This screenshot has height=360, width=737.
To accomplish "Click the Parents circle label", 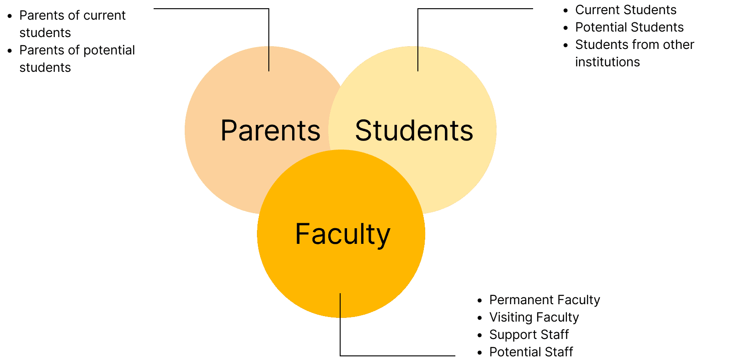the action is (270, 131).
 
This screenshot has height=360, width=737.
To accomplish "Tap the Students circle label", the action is (414, 131).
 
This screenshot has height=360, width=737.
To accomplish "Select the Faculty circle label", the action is (342, 234).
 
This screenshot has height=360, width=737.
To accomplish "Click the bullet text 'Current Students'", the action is (625, 10).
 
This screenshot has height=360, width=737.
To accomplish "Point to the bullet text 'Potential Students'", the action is (629, 27).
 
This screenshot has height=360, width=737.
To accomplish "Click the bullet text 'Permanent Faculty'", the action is (544, 300).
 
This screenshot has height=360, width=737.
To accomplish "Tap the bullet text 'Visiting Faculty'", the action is (534, 317).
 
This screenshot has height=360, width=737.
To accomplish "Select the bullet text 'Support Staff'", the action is (529, 335).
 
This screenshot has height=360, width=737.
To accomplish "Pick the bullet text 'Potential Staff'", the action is (531, 352).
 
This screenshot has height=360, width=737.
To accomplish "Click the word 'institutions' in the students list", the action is (607, 62).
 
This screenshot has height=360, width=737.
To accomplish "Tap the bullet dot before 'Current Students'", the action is (566, 11).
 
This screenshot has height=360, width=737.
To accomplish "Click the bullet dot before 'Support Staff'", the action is (480, 335).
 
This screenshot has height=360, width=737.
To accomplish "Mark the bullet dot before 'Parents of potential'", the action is (10, 51).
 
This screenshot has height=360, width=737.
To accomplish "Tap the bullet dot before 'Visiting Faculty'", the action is (480, 318).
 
